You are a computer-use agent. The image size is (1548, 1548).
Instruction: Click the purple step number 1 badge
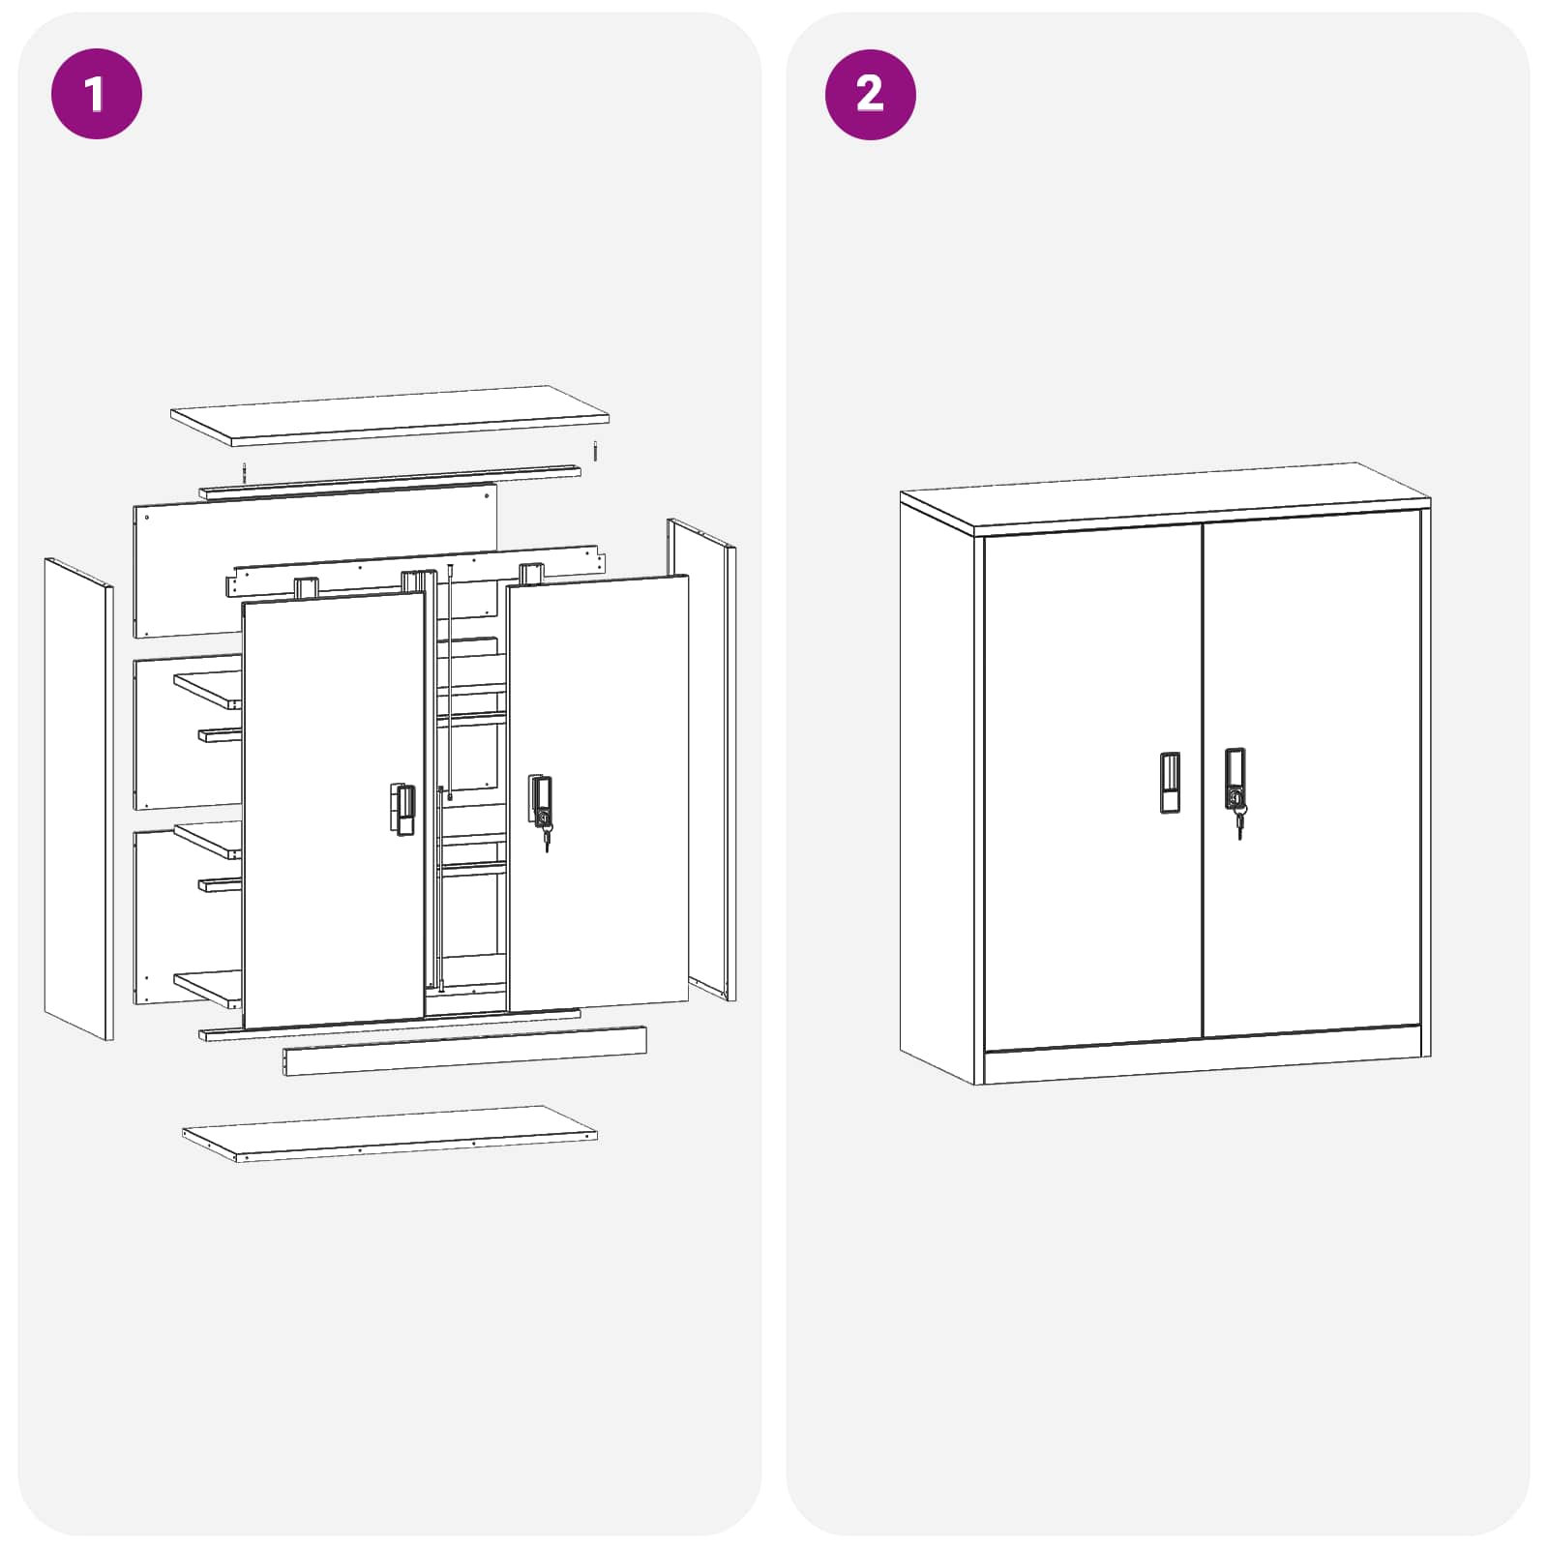coord(96,94)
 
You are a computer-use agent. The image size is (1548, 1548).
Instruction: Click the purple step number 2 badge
coord(870,94)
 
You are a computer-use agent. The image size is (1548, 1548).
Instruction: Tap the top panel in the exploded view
coord(390,416)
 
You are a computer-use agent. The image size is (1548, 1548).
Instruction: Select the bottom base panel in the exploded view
coord(390,1132)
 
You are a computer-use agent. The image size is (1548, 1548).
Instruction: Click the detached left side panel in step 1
coord(77,798)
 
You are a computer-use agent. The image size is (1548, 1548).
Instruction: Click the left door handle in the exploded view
coord(404,810)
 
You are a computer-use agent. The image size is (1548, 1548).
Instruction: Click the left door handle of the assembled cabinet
coord(1170,782)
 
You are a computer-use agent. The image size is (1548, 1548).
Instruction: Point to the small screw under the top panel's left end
coord(245,473)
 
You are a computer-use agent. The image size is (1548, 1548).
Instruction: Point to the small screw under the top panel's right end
coord(596,451)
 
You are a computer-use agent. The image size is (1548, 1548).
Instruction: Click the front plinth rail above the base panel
coord(464,1052)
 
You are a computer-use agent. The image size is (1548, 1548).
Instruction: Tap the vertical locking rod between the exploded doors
coord(450,677)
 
